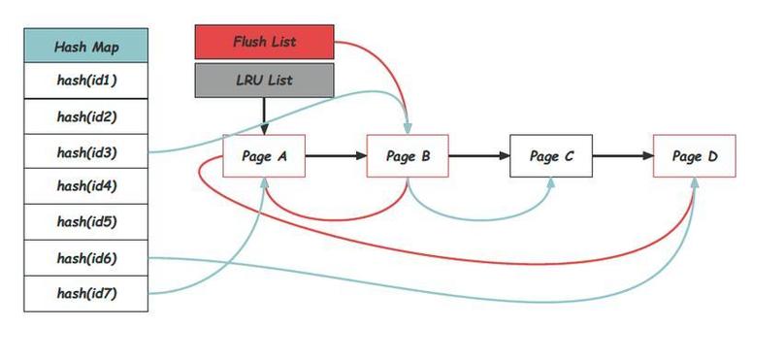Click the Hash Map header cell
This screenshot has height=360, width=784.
tap(85, 46)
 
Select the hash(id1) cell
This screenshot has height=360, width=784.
tap(85, 81)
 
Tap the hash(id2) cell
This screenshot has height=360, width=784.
tap(85, 116)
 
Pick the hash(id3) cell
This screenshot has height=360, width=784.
tap(85, 151)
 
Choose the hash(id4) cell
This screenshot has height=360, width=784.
tap(85, 186)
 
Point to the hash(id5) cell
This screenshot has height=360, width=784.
tap(85, 222)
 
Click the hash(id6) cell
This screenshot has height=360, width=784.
tap(85, 258)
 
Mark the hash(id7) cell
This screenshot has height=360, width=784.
tap(85, 293)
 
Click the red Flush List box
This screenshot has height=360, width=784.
tap(264, 43)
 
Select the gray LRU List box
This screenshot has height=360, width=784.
tap(264, 80)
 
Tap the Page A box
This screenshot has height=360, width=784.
tap(264, 156)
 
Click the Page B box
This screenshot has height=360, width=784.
tap(408, 156)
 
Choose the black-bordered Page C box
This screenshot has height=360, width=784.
tap(551, 156)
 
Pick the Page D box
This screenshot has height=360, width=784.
tap(694, 156)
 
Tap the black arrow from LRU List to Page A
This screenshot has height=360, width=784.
tap(264, 115)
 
